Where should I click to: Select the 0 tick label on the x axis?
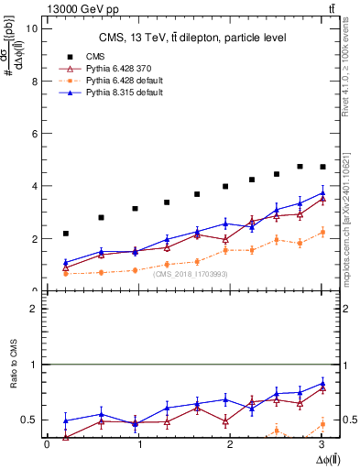click(47, 444)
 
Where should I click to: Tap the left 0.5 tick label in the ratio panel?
click(30, 420)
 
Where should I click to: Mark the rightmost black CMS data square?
click(322, 167)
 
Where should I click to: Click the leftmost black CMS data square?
click(65, 234)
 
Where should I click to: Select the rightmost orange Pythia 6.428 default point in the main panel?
click(322, 233)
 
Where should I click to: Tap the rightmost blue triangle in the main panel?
click(322, 192)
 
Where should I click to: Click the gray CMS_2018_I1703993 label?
click(191, 274)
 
